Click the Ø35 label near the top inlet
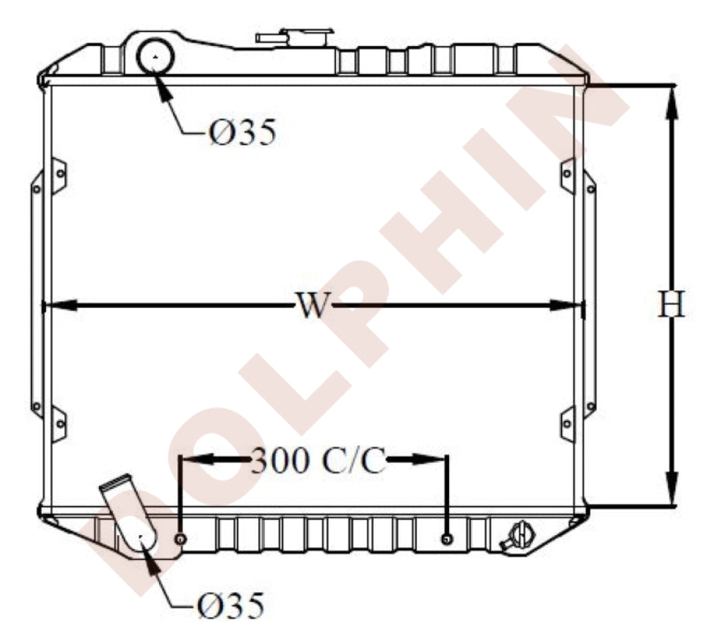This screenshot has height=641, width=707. tap(243, 132)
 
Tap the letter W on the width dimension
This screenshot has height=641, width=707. tap(312, 305)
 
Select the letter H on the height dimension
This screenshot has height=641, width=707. tap(672, 304)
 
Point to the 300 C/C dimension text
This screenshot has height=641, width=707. tap(318, 460)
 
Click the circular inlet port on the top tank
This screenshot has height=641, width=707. tap(155, 56)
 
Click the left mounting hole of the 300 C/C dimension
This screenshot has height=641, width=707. tap(180, 539)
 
